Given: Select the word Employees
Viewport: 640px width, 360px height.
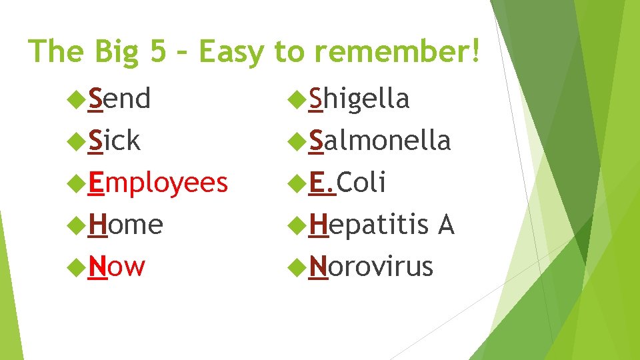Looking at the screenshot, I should pyautogui.click(x=158, y=183).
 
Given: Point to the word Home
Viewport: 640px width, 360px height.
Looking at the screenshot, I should pyautogui.click(x=126, y=225).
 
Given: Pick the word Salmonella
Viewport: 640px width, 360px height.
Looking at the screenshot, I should pyautogui.click(x=379, y=141).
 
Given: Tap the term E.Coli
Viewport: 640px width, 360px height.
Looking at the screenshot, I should pyautogui.click(x=347, y=183).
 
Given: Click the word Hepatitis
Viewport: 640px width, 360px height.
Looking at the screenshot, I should pyautogui.click(x=369, y=225).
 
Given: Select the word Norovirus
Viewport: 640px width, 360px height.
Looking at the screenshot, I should pyautogui.click(x=371, y=266).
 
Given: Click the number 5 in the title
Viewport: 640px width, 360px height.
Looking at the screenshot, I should pyautogui.click(x=158, y=51).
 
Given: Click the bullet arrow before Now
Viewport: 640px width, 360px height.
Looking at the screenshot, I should pyautogui.click(x=79, y=266).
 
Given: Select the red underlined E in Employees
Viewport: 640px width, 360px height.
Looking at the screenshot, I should pyautogui.click(x=97, y=183).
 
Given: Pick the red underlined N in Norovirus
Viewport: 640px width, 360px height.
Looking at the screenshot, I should pyautogui.click(x=318, y=266).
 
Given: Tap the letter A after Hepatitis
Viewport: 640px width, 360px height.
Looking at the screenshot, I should pyautogui.click(x=445, y=225).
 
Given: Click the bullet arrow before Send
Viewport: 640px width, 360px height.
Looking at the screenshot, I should pyautogui.click(x=79, y=99).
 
